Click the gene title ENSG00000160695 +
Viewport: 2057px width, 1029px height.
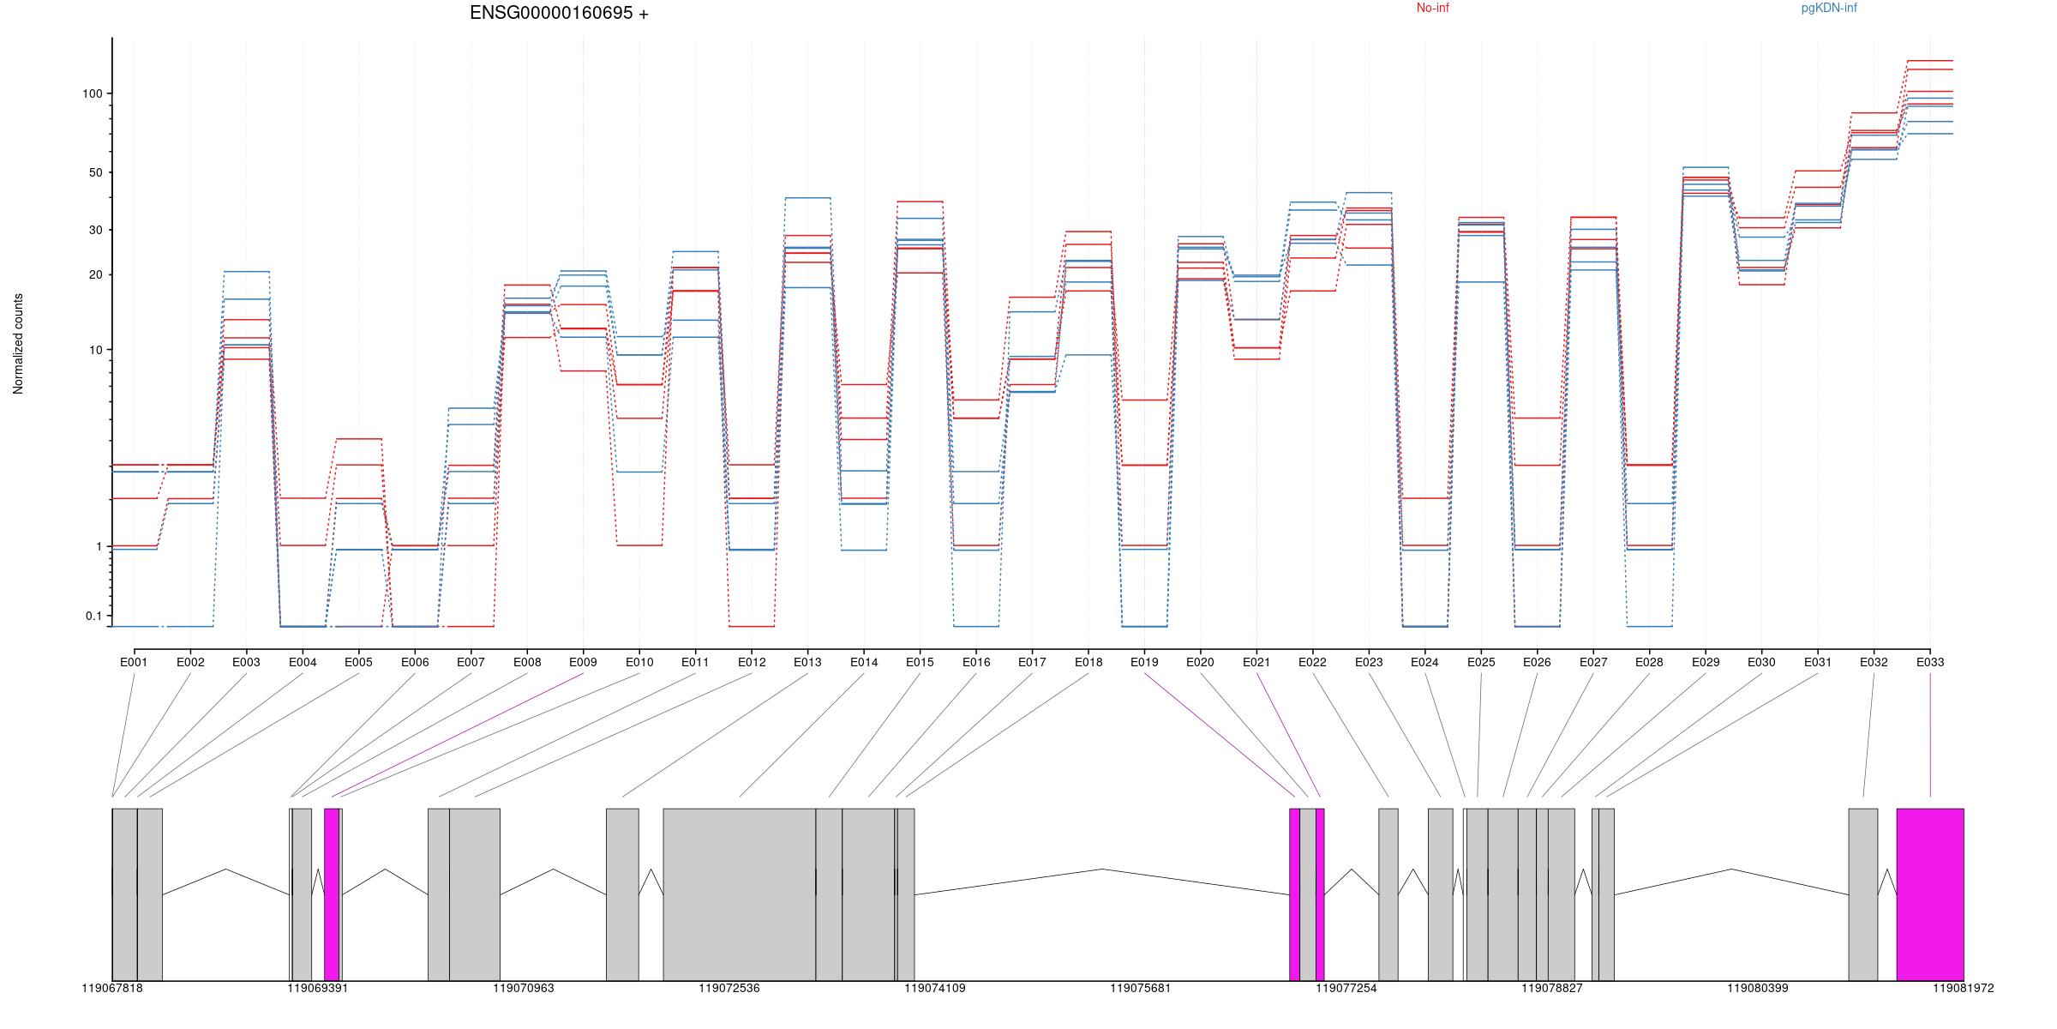pos(559,13)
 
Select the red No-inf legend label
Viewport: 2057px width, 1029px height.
pos(1432,8)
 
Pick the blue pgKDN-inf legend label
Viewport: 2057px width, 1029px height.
pos(1829,8)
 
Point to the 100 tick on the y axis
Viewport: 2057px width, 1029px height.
pos(92,93)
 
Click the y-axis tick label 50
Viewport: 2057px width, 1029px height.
pos(95,172)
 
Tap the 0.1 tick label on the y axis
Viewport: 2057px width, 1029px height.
pos(93,616)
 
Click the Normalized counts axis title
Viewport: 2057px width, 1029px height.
pos(18,344)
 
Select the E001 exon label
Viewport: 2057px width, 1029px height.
pos(134,662)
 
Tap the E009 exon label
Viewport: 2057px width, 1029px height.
pos(583,662)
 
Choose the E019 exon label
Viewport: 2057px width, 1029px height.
pos(1144,662)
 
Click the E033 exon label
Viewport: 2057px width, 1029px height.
pos(1930,662)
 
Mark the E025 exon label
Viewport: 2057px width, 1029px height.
pos(1481,662)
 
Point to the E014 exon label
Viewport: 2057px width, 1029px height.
pos(864,662)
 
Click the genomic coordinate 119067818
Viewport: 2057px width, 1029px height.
pos(112,988)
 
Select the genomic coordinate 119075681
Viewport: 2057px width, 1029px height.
pos(1140,988)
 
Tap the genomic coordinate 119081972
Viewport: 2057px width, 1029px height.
pos(1963,988)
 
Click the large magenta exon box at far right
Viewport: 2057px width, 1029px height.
pos(1930,894)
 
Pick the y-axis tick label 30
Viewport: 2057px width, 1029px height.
pos(95,230)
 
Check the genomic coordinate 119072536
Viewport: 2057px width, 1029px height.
pos(729,988)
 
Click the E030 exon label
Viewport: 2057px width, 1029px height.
pos(1761,662)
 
